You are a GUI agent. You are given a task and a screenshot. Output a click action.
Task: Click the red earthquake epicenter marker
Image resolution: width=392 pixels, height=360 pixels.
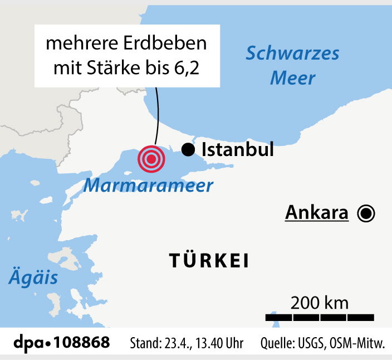click(151, 159)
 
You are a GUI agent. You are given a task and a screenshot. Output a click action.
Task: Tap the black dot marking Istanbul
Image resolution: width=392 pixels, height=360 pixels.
click(188, 149)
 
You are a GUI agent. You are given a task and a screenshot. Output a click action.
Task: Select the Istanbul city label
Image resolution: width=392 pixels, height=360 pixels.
click(238, 149)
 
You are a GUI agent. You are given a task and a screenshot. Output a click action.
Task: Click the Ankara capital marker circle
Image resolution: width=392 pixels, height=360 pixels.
click(366, 213)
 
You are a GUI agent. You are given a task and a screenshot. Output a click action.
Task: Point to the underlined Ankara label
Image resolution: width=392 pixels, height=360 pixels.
click(317, 213)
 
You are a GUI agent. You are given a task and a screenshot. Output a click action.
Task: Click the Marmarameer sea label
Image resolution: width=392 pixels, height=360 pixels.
click(148, 185)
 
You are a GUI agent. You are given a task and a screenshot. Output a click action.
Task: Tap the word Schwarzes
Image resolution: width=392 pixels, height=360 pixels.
click(293, 53)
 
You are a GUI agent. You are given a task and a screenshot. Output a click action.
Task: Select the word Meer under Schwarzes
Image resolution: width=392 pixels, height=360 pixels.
click(293, 77)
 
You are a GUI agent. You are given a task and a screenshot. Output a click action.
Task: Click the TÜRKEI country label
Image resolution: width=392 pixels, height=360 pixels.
click(208, 261)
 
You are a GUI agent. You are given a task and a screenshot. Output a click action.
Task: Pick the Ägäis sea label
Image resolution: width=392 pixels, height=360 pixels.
click(33, 277)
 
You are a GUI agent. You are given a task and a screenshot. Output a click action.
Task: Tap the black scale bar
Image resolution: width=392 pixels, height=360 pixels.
click(320, 317)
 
